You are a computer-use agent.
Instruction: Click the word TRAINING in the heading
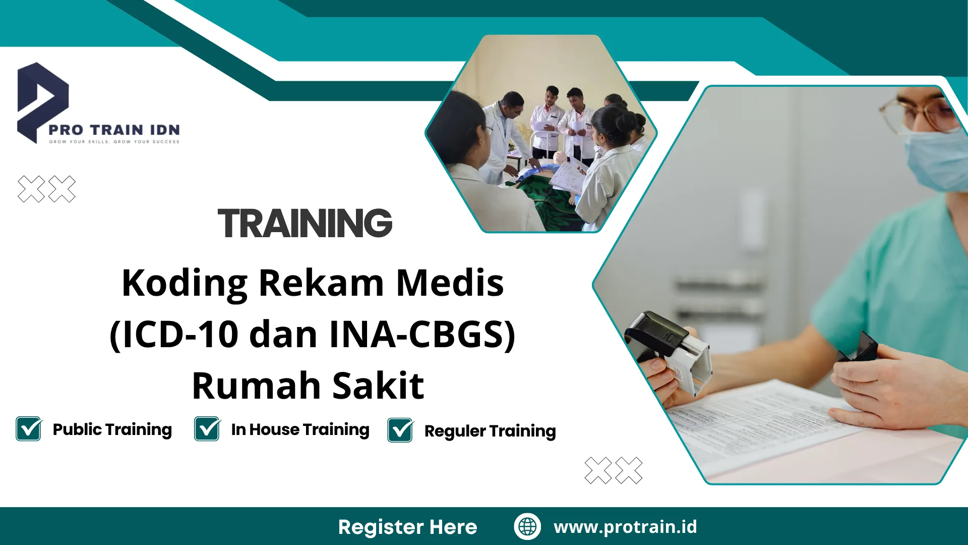click(305, 223)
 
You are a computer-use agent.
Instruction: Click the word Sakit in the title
click(378, 386)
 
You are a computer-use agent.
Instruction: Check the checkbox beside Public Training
click(29, 429)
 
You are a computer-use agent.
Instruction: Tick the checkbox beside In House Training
click(207, 429)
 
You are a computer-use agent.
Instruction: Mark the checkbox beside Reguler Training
click(400, 430)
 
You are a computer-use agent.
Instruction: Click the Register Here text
click(407, 527)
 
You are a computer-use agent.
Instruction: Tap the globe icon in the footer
click(527, 526)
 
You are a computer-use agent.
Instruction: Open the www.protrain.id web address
click(625, 527)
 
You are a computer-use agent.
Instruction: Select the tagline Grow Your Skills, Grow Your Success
click(114, 142)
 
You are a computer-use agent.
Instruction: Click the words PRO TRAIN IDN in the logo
click(114, 130)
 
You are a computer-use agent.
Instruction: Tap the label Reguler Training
click(490, 431)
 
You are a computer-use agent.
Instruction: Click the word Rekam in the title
click(321, 283)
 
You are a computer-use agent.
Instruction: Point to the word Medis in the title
click(450, 283)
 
